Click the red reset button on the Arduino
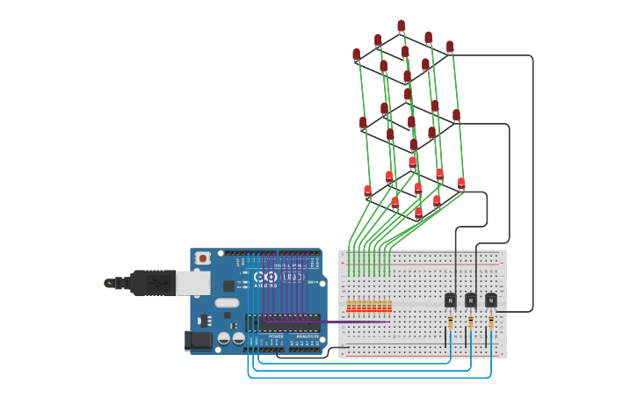click(203, 258)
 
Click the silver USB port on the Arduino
click(192, 283)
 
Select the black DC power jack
click(198, 340)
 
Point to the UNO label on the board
click(293, 278)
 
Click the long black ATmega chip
click(289, 322)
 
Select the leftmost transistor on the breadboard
click(450, 300)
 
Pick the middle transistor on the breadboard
click(470, 300)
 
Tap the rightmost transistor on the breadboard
click(490, 300)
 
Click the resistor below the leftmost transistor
click(450, 322)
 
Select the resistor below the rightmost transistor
click(490, 322)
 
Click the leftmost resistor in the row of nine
click(349, 307)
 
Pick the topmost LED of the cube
click(402, 26)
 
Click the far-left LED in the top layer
click(357, 55)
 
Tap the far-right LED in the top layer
click(450, 47)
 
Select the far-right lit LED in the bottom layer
click(461, 184)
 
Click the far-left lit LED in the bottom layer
click(368, 191)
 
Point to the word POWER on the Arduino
click(276, 336)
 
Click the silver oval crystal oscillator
click(227, 314)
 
